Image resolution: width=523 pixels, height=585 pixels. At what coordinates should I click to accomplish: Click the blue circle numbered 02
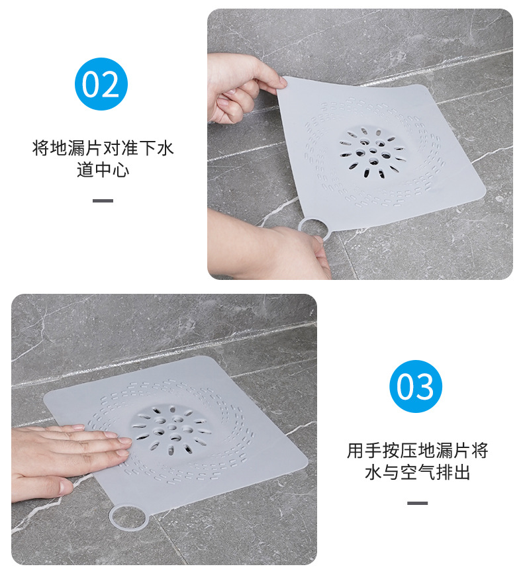click(x=101, y=84)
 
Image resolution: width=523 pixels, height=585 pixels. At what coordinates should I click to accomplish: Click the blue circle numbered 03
click(x=415, y=386)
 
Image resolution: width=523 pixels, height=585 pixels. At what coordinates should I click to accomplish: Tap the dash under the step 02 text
click(x=103, y=201)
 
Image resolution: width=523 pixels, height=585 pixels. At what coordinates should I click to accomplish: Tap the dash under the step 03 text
click(x=417, y=503)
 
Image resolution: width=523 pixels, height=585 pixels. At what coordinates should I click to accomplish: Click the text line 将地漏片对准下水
click(x=103, y=148)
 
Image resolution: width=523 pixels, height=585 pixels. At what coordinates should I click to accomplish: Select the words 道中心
click(x=103, y=170)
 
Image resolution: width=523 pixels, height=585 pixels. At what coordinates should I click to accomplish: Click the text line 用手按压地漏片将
click(x=417, y=451)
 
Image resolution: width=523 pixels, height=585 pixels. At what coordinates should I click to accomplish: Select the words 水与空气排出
click(x=417, y=473)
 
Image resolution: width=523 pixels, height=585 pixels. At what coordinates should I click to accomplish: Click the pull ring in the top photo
click(x=314, y=227)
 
